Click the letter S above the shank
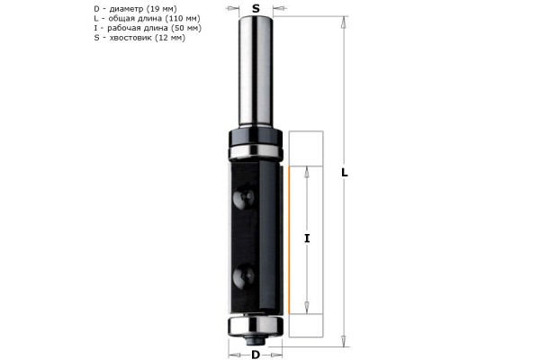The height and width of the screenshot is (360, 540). click(257, 8)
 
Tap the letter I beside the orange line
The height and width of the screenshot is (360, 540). click(308, 238)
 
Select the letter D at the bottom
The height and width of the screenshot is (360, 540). click(256, 354)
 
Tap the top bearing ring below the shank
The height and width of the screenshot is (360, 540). click(256, 141)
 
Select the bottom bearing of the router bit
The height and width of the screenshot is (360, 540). click(256, 323)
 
